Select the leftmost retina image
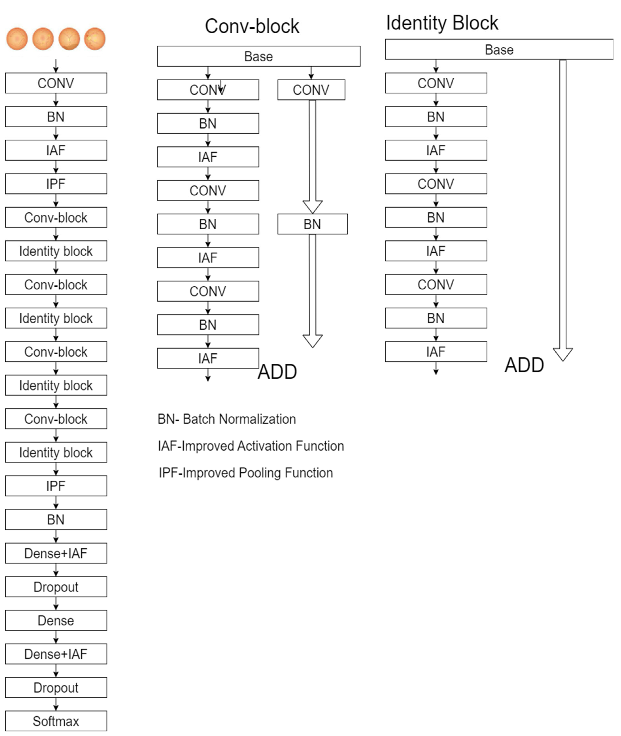click(x=17, y=39)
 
